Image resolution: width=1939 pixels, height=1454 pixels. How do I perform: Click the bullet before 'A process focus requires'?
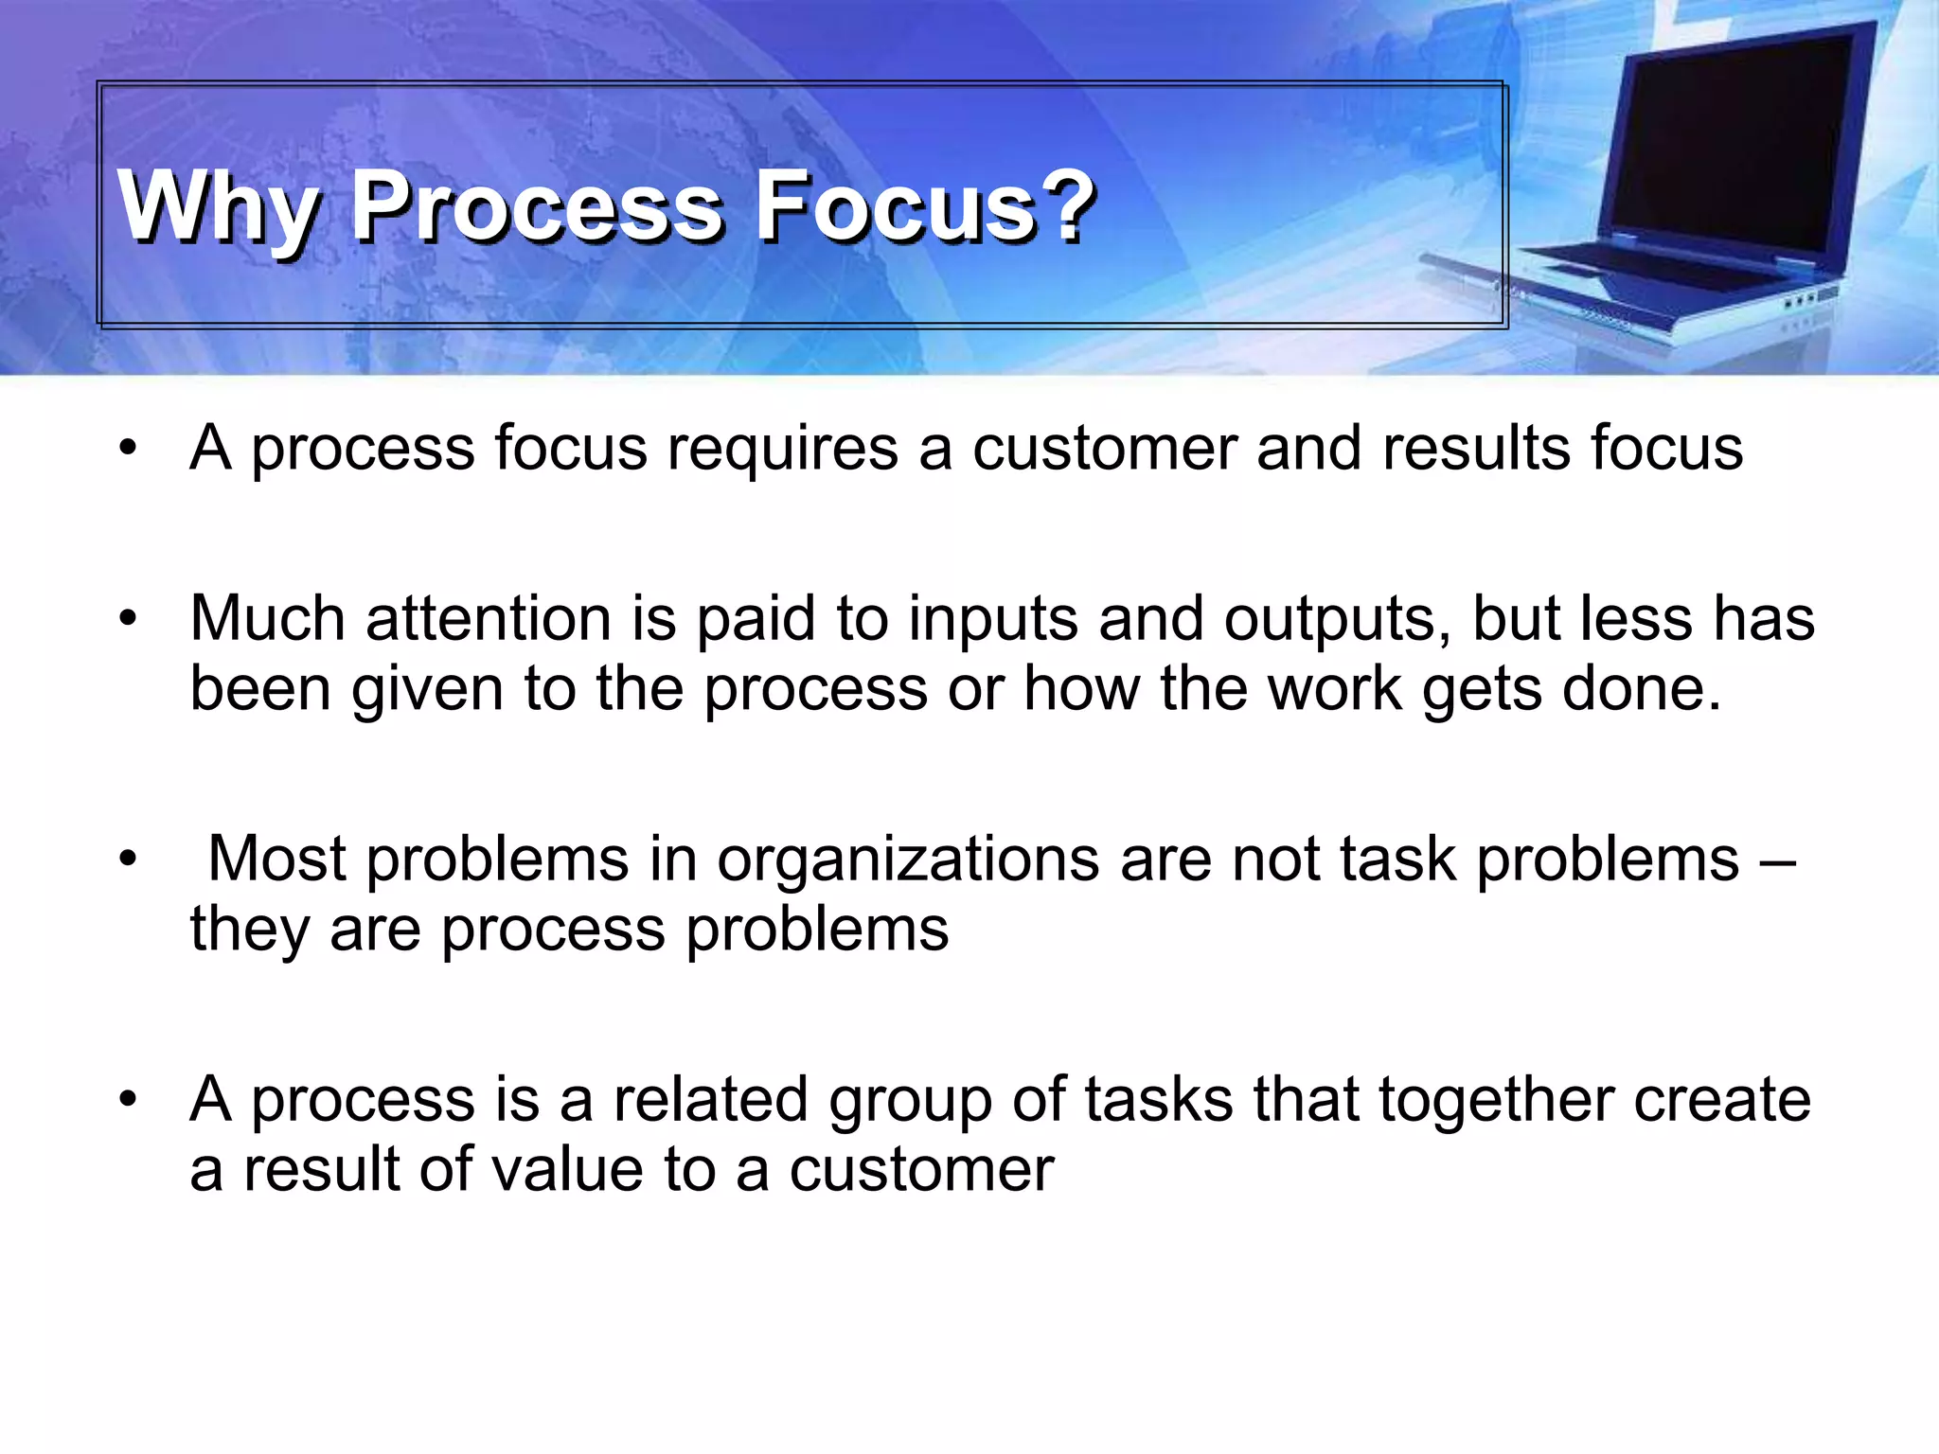point(129,448)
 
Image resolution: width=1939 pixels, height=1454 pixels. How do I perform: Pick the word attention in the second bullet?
point(489,619)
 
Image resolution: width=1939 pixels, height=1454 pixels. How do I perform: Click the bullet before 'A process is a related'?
point(129,1101)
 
